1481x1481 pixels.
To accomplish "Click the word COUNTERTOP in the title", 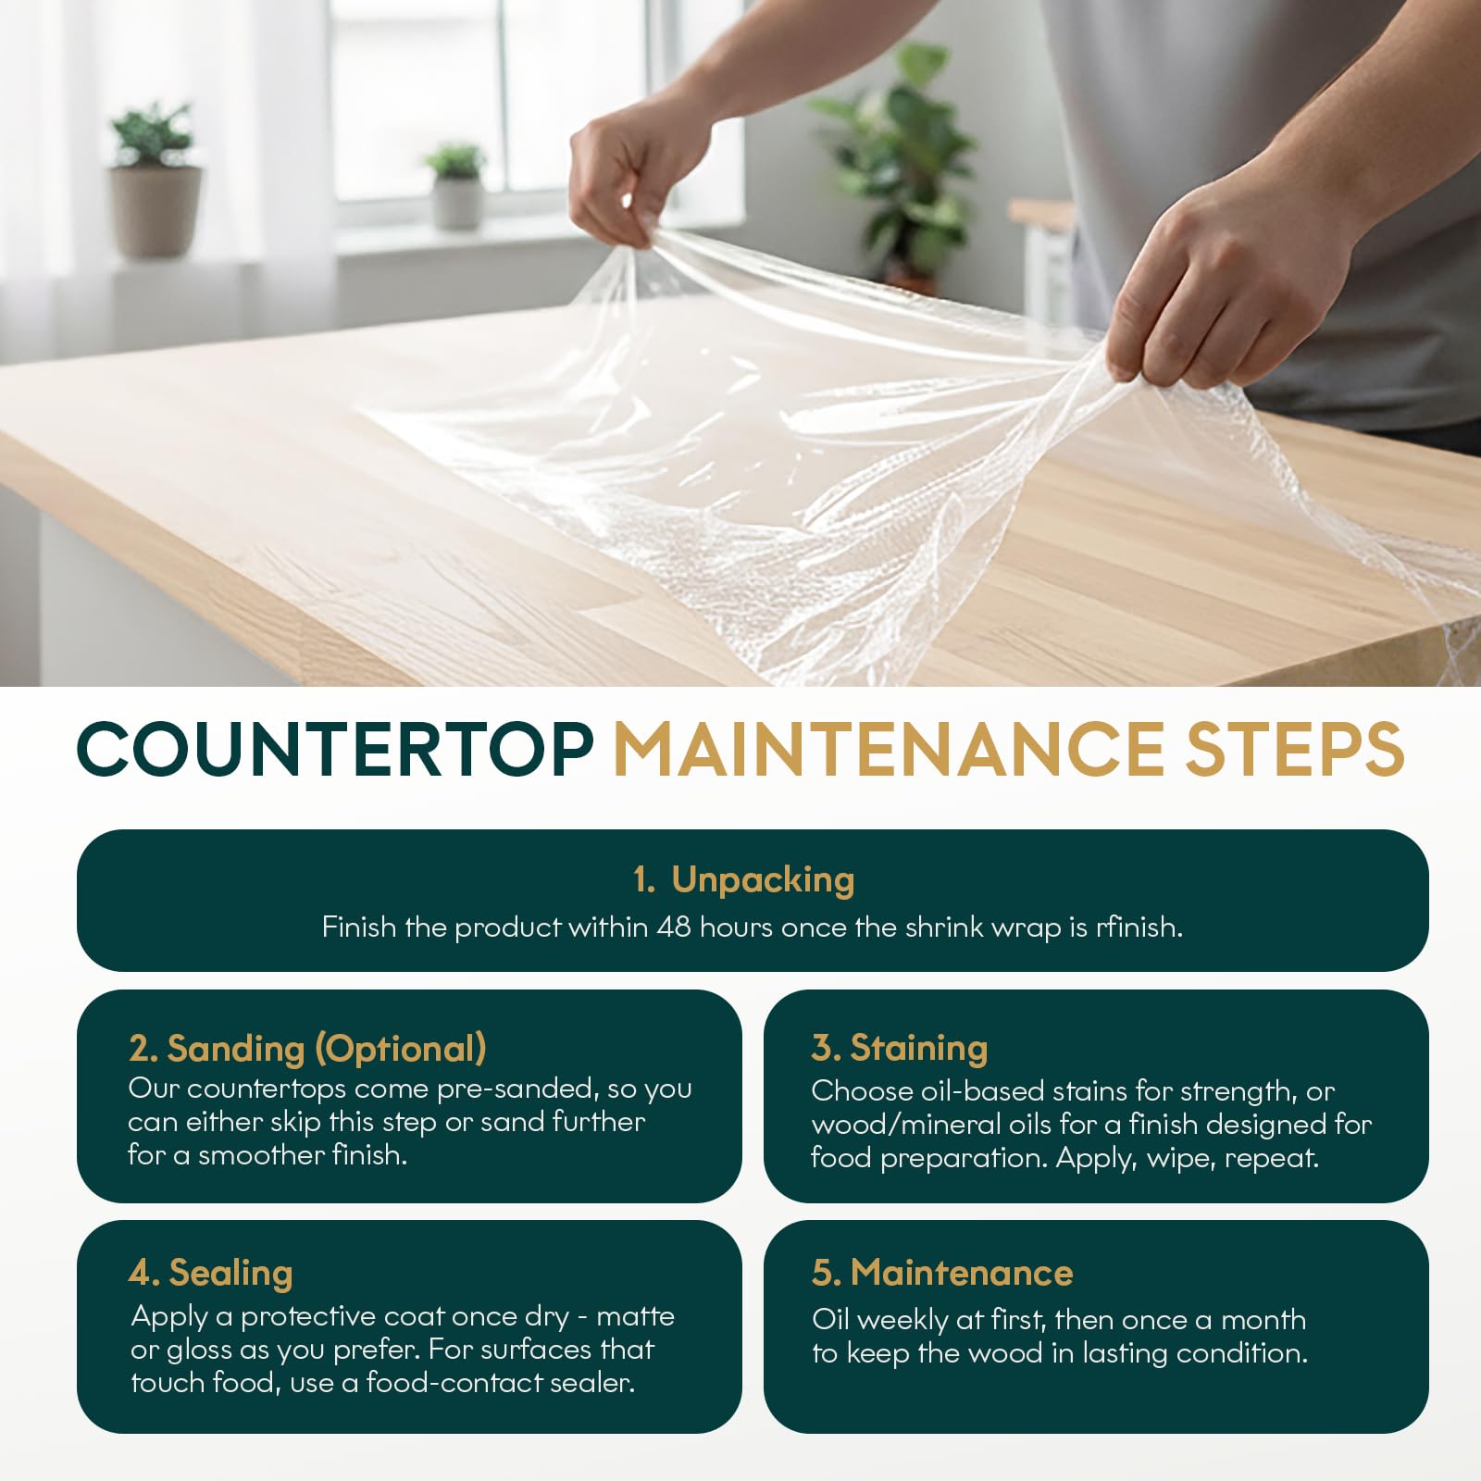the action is click(334, 749).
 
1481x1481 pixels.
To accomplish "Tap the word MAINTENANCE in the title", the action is click(889, 749).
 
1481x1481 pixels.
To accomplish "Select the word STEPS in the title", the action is click(1295, 749).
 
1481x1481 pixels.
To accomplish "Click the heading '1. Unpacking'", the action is click(743, 880).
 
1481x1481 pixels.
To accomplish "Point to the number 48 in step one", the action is click(674, 927).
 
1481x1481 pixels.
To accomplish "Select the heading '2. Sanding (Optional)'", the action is click(307, 1049).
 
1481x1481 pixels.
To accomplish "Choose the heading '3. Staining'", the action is click(900, 1048).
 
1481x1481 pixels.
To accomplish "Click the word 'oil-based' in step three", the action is click(982, 1091).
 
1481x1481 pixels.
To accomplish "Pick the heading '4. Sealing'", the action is click(211, 1274).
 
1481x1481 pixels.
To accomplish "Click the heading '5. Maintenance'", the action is click(942, 1273).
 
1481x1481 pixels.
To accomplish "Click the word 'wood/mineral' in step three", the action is click(930, 1125).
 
